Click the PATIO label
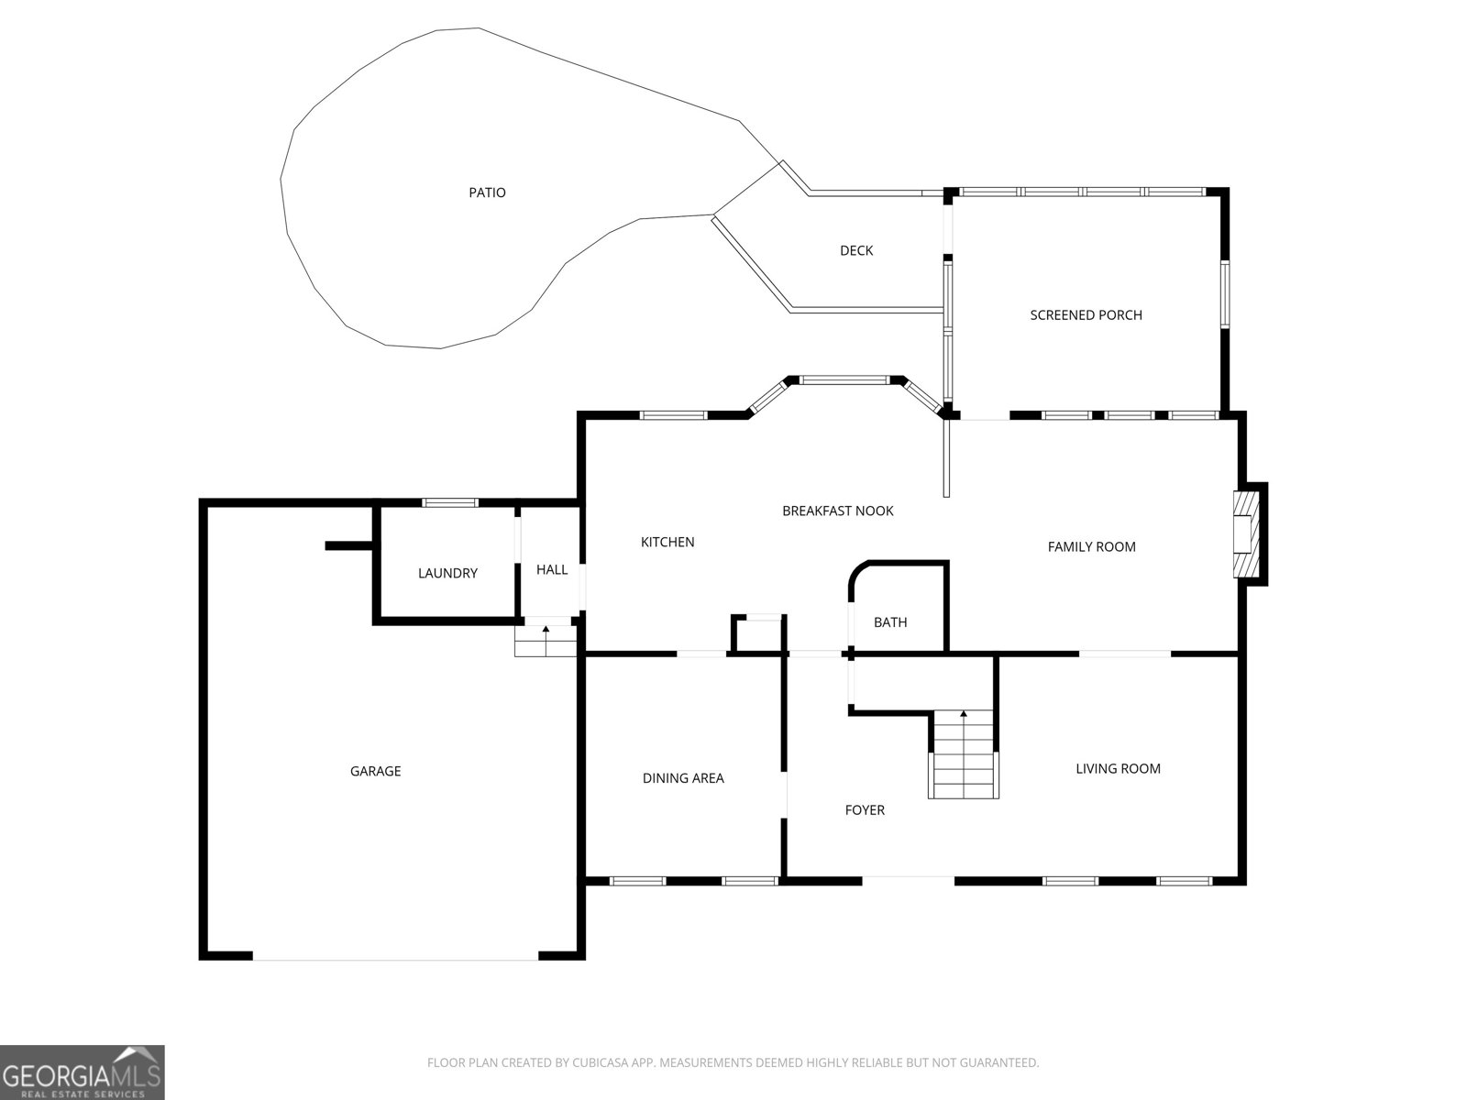(x=487, y=193)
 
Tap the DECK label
(x=856, y=250)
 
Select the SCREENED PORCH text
(x=1086, y=315)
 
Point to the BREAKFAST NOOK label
(x=838, y=511)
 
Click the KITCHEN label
(x=667, y=543)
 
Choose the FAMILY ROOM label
(x=1091, y=547)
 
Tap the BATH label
(x=890, y=622)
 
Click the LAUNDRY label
(x=447, y=573)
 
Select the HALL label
(x=552, y=569)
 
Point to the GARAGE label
(x=376, y=772)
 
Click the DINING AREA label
(x=683, y=778)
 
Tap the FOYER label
(x=865, y=810)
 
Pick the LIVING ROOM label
(x=1118, y=769)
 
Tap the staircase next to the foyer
(x=963, y=754)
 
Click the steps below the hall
(x=546, y=641)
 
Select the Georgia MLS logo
(x=82, y=1072)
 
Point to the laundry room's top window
(x=450, y=503)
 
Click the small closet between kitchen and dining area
(x=758, y=633)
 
